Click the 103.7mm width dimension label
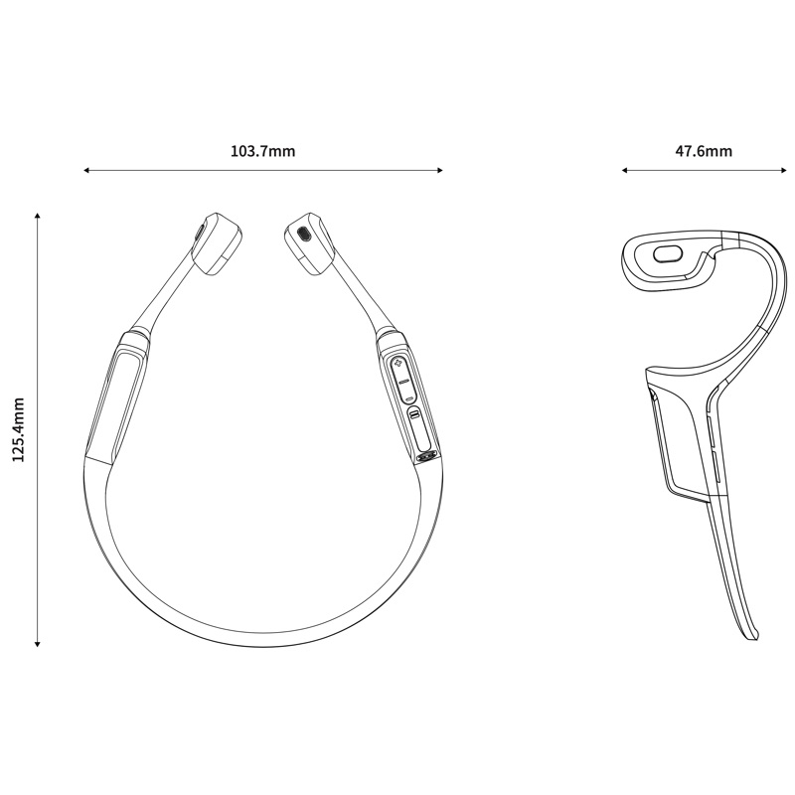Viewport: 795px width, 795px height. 262,151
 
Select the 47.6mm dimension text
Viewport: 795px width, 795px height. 704,151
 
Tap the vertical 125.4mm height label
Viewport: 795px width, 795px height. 18,429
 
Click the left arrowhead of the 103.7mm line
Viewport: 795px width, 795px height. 86,170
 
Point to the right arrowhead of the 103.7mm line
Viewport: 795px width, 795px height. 440,170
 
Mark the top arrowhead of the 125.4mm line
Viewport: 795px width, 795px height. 37,217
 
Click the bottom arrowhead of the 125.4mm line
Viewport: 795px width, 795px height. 37,644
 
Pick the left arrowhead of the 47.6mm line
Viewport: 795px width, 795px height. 625,170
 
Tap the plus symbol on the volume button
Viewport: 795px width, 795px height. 398,364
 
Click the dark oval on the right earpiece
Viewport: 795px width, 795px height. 303,234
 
